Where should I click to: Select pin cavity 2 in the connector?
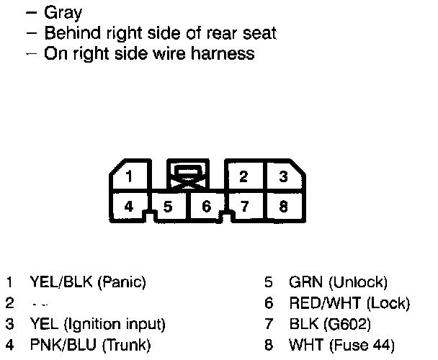[x=244, y=177]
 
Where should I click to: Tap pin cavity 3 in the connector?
[x=283, y=177]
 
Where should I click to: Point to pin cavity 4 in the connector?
[x=129, y=207]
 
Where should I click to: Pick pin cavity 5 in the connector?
[x=168, y=207]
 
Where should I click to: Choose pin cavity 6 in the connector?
[x=206, y=207]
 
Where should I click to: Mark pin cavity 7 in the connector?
[x=244, y=207]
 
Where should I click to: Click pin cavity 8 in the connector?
[x=283, y=207]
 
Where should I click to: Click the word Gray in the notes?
[x=63, y=13]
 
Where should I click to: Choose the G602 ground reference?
[x=349, y=325]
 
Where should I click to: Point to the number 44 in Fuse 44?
[x=381, y=346]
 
